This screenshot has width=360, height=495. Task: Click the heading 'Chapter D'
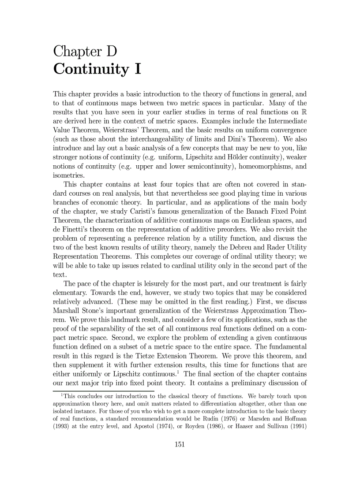[85, 52]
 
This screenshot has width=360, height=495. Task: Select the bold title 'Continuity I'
[97, 69]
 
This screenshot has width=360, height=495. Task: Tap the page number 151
[180, 444]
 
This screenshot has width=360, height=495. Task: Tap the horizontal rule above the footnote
[103, 391]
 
